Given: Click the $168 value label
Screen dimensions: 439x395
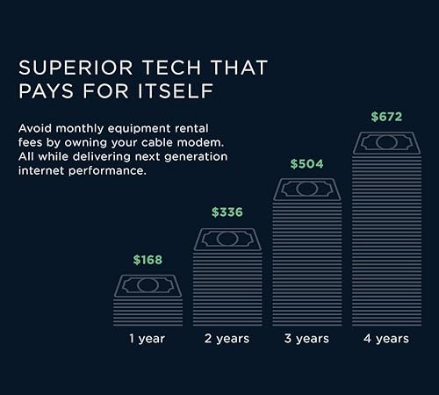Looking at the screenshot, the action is click(148, 260).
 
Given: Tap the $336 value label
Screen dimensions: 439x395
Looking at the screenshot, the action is click(227, 212).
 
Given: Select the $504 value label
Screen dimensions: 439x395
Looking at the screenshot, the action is click(306, 163).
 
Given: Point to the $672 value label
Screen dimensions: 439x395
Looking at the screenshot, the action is click(386, 117).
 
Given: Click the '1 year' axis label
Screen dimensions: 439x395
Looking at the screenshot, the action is click(148, 339).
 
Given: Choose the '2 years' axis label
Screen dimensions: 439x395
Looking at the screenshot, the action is click(227, 339).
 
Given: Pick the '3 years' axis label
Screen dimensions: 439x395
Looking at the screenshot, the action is click(306, 339).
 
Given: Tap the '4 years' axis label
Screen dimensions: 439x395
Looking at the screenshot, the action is click(386, 339).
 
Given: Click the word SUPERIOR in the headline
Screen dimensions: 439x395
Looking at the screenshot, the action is click(76, 68).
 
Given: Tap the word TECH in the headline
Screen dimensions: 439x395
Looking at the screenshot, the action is click(172, 68).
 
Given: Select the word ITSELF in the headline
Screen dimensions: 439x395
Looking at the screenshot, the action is click(176, 90).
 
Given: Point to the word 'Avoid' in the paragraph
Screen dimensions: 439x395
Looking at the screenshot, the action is click(35, 128).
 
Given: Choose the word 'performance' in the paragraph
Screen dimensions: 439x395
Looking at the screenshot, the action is click(106, 171).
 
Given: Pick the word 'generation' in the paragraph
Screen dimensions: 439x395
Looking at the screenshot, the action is click(196, 157).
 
